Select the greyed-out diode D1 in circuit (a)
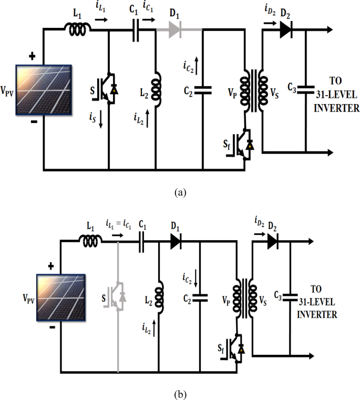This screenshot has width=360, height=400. coord(175,30)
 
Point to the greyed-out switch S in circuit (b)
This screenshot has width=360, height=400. coord(117,297)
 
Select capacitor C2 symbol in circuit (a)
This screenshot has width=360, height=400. coord(202,90)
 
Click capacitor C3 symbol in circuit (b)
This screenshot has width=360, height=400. coord(290,298)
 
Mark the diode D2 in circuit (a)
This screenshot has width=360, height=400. coord(285,30)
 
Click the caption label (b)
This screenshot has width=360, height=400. coord(180,393)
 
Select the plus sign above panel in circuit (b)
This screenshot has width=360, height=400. coord(52,266)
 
